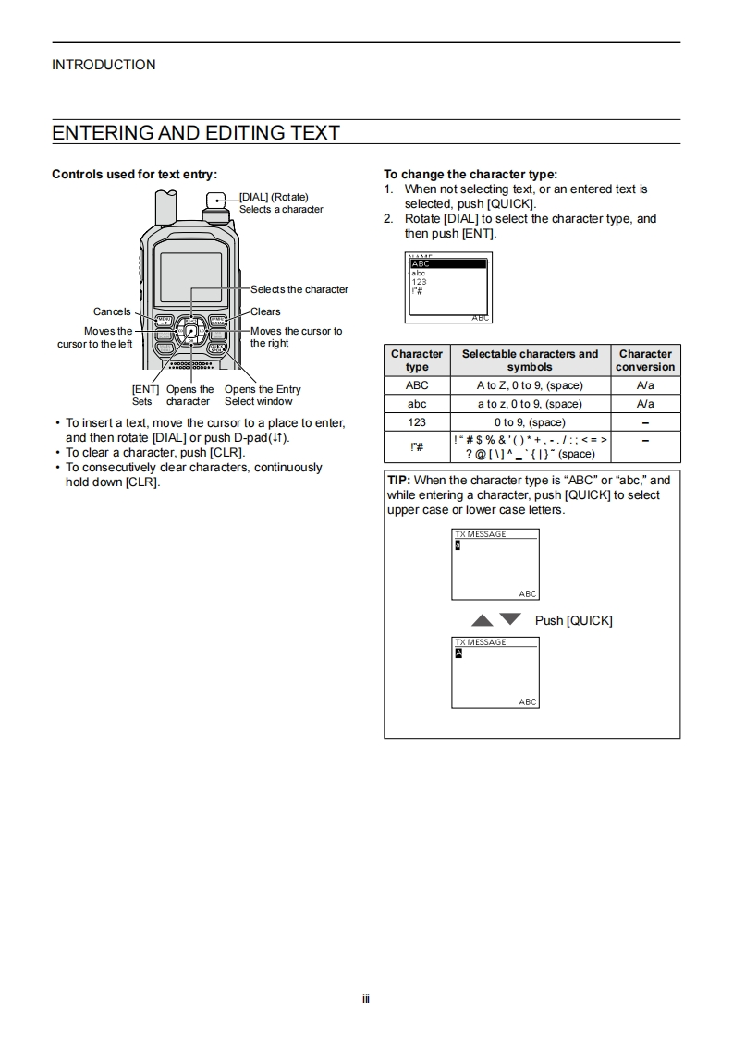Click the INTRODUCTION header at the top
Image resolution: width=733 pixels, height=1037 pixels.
click(104, 65)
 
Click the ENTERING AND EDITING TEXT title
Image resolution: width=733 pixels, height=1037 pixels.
click(196, 132)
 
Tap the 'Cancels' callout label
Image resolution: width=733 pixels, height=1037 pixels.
click(112, 311)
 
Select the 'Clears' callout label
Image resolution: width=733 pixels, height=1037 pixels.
click(265, 311)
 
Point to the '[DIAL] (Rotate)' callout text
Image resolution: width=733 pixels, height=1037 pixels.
click(275, 197)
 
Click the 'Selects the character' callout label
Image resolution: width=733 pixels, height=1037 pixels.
click(299, 289)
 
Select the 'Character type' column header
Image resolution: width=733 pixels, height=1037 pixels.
click(417, 360)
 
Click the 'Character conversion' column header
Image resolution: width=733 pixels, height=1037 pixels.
click(645, 360)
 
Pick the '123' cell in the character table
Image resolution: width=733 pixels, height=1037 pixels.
click(417, 422)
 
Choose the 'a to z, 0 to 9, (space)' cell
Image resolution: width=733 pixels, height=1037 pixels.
click(530, 404)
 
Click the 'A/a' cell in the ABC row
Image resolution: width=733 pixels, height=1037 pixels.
click(645, 385)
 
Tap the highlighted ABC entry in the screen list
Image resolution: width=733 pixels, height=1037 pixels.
click(447, 264)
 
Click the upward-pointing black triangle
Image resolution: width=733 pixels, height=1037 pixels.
click(482, 619)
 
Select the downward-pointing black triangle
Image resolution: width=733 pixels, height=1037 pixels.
click(510, 618)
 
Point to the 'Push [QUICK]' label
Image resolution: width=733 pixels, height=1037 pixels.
click(573, 620)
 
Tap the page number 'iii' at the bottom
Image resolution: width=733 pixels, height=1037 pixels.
click(366, 999)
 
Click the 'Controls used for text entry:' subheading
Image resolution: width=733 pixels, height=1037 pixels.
click(134, 174)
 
